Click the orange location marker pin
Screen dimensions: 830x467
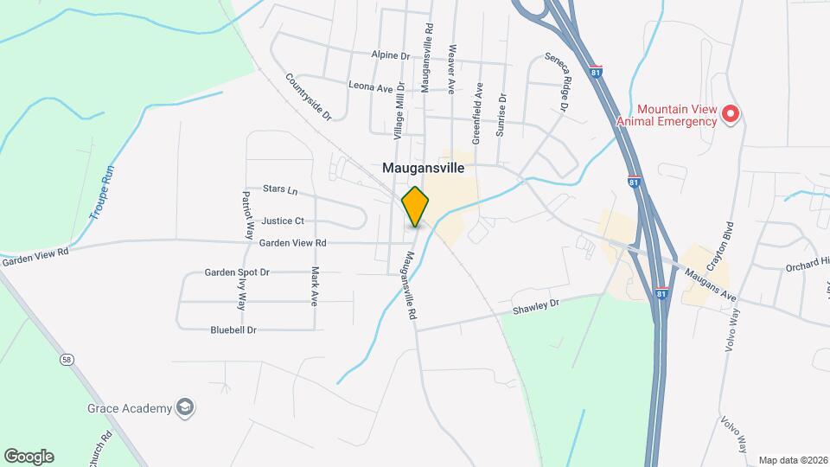pos(416,207)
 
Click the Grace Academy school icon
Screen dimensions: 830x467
pos(184,407)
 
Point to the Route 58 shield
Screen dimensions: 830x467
pos(66,358)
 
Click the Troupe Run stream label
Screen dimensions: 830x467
pos(101,196)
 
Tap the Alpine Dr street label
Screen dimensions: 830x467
pos(390,55)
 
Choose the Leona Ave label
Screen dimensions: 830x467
pos(370,86)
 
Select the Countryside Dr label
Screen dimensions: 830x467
pos(309,96)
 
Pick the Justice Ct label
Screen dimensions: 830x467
pos(283,221)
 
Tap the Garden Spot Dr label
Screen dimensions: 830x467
pos(237,272)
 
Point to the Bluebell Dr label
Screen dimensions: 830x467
pos(233,329)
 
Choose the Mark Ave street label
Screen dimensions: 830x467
pos(315,286)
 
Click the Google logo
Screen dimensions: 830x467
pos(29,457)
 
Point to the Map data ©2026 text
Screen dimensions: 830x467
pos(791,460)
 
